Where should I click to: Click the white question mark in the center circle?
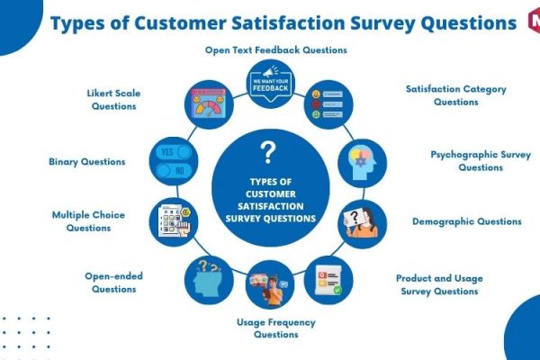pyautogui.click(x=268, y=152)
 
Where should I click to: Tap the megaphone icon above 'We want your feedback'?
pyautogui.click(x=271, y=72)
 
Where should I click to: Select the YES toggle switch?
pyautogui.click(x=174, y=152)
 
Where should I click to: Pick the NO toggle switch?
pyautogui.click(x=174, y=170)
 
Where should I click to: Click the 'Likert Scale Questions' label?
pyautogui.click(x=113, y=100)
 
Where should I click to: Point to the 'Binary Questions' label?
pyautogui.click(x=87, y=162)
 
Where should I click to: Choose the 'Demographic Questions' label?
pyautogui.click(x=466, y=221)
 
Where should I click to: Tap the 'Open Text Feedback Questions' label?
pyautogui.click(x=276, y=50)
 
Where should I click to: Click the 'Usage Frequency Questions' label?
pyautogui.click(x=276, y=328)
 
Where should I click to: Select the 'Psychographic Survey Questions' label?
pyautogui.click(x=481, y=161)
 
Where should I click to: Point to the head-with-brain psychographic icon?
pyautogui.click(x=362, y=164)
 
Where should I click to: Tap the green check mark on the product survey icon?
pyautogui.click(x=337, y=290)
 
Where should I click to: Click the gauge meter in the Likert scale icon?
pyautogui.click(x=209, y=107)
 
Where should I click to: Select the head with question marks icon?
pyautogui.click(x=207, y=279)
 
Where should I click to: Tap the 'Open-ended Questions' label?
pyautogui.click(x=113, y=283)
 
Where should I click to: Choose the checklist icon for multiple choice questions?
pyautogui.click(x=175, y=220)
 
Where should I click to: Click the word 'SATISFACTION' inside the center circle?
pyautogui.click(x=271, y=206)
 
